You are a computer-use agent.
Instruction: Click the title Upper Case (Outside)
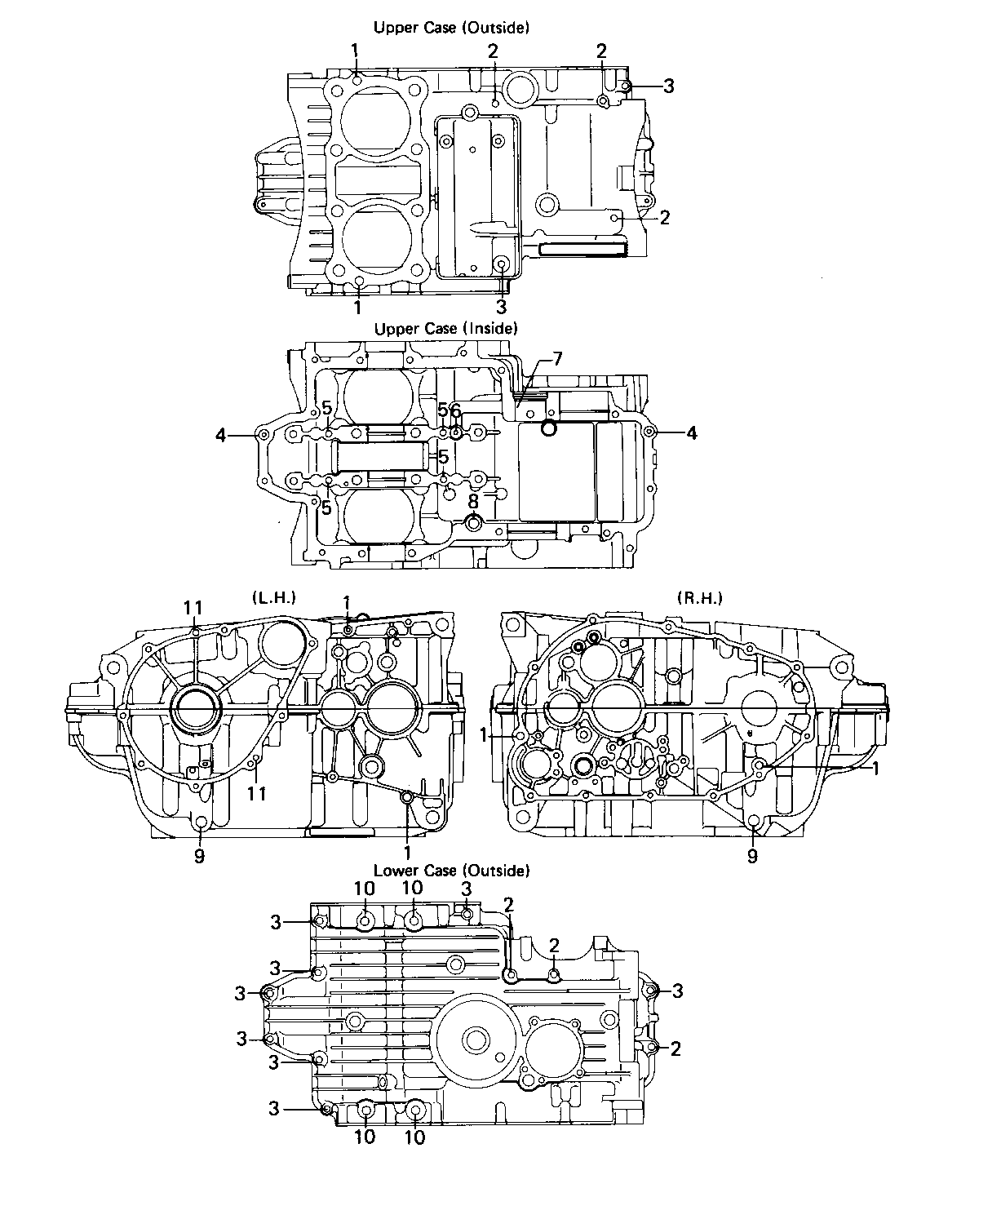click(x=451, y=28)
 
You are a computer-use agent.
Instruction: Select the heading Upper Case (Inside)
click(x=446, y=328)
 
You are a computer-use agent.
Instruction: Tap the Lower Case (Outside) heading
click(x=452, y=871)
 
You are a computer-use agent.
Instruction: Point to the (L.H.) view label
click(x=274, y=597)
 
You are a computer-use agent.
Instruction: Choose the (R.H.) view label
click(x=700, y=597)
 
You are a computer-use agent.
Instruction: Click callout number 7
click(x=557, y=359)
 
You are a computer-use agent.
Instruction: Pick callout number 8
click(x=473, y=501)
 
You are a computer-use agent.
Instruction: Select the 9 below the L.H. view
click(x=199, y=856)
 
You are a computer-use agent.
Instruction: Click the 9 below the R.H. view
click(x=752, y=856)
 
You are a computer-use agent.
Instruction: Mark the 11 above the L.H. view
click(x=193, y=608)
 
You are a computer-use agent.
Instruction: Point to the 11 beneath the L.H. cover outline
click(x=256, y=793)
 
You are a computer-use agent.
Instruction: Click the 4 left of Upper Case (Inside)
click(x=221, y=434)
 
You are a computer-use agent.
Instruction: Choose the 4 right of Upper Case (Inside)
click(x=691, y=433)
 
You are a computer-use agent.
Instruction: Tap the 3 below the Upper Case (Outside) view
click(x=501, y=307)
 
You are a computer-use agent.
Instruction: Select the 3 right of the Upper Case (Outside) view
click(x=668, y=86)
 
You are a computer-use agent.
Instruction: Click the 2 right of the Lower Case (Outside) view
click(x=675, y=1048)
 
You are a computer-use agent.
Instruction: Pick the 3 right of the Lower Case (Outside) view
click(x=677, y=991)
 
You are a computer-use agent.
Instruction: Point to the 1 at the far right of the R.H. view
click(x=875, y=769)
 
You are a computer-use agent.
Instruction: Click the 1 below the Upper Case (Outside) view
click(x=357, y=307)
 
